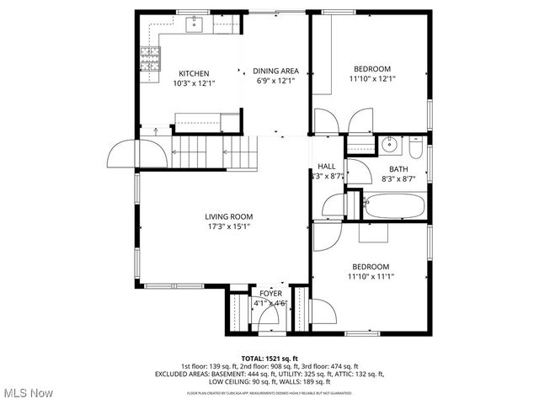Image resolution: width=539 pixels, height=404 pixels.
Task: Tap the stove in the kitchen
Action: (150, 57)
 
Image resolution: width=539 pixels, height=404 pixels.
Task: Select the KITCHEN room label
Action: (193, 73)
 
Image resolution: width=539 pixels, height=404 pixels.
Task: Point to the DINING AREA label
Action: (278, 72)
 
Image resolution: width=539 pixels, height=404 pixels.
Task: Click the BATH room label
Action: (398, 169)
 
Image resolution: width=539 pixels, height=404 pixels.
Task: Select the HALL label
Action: (327, 166)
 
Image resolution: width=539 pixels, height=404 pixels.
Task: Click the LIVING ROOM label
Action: (229, 216)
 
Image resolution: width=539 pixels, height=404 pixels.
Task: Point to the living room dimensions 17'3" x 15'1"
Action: (229, 226)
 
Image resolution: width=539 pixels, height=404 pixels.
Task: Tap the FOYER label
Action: (270, 293)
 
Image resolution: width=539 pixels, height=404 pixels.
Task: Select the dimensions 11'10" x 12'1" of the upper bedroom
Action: (371, 78)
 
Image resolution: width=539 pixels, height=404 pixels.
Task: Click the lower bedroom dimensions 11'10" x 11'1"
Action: (371, 275)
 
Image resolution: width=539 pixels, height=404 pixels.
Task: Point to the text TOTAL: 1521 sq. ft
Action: (269, 358)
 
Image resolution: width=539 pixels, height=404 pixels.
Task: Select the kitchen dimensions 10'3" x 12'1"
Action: (193, 82)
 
